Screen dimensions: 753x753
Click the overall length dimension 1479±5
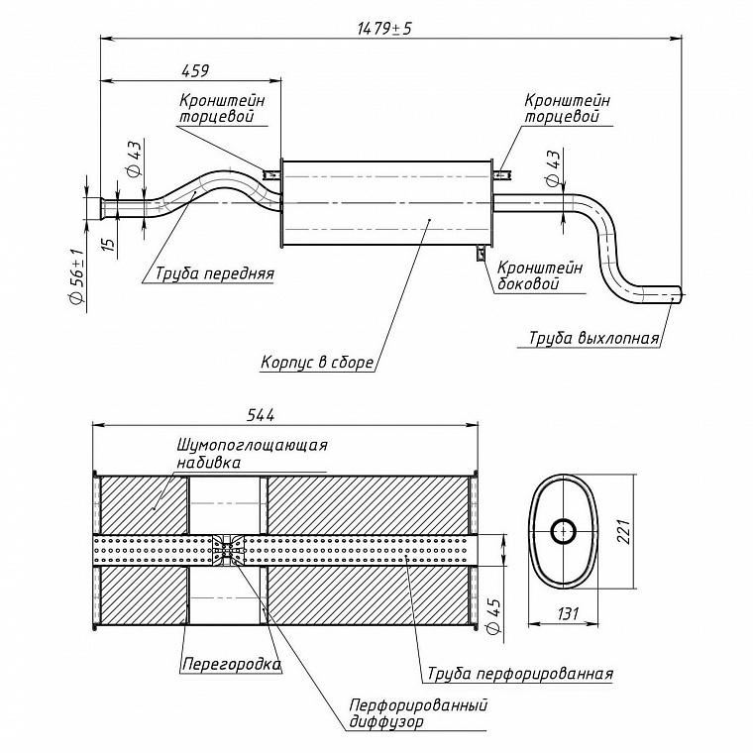(x=384, y=29)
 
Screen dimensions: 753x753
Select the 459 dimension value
(x=195, y=70)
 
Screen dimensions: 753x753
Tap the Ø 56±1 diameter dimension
(x=78, y=276)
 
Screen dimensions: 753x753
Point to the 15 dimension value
(x=110, y=243)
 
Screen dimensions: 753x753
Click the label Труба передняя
(x=215, y=273)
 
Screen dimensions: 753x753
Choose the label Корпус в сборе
(x=317, y=362)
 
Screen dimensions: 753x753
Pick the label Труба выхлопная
(x=594, y=338)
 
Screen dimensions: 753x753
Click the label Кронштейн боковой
(x=540, y=275)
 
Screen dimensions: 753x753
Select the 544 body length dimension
(x=261, y=414)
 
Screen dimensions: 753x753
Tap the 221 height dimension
(x=623, y=531)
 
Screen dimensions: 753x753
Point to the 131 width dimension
(x=568, y=613)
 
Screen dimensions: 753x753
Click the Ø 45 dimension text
(x=494, y=615)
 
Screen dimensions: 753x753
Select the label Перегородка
(x=232, y=664)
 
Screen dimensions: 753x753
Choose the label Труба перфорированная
(x=520, y=674)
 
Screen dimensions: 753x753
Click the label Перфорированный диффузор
(x=418, y=713)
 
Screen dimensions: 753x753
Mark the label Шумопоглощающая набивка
(x=252, y=454)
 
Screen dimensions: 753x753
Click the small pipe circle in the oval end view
(x=564, y=531)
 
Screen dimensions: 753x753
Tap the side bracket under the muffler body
(x=481, y=253)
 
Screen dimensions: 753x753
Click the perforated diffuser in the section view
(x=229, y=550)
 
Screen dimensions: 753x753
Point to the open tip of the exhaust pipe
(x=680, y=295)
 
